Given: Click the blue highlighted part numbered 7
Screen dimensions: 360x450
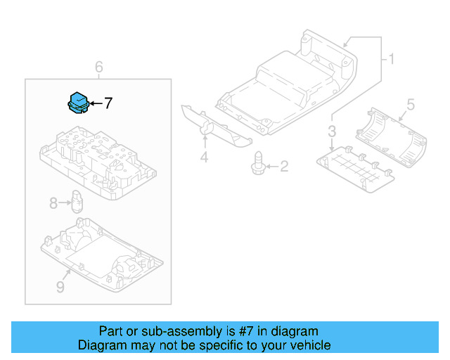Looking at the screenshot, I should click(x=77, y=103).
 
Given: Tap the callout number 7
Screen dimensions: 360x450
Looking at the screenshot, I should click(x=108, y=104).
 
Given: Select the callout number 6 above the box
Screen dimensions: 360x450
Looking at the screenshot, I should click(x=98, y=67).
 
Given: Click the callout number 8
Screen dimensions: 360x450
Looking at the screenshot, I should click(x=53, y=204).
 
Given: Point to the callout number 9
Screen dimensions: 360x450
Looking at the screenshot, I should click(x=60, y=287).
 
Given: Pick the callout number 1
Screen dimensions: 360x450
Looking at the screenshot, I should click(x=391, y=60).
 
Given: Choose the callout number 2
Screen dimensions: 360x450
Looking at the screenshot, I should click(x=284, y=167).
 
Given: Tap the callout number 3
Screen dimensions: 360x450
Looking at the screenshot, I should click(x=332, y=131).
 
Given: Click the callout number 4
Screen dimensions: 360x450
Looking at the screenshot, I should click(x=204, y=157).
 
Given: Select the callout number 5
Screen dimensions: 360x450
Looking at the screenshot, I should click(x=411, y=105).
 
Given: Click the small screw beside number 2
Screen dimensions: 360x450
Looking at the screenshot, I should click(x=258, y=162).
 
